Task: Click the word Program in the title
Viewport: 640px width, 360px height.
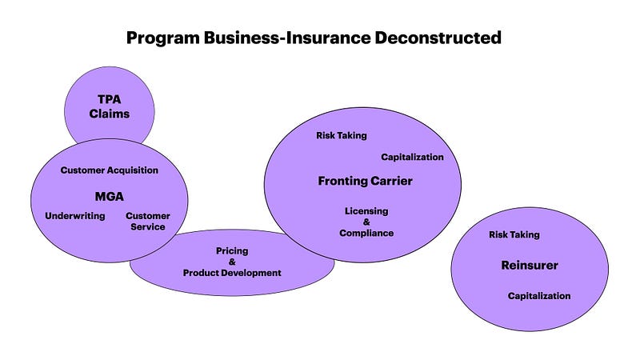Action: (x=163, y=38)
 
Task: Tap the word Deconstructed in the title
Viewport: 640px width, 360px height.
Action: (x=438, y=38)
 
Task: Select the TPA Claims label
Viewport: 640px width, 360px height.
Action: (x=110, y=106)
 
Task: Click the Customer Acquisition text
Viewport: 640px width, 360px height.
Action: (x=110, y=170)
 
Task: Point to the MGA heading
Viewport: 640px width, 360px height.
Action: (x=110, y=197)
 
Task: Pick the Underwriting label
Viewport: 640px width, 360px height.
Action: (x=75, y=216)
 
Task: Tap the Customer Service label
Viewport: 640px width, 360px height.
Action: (x=148, y=222)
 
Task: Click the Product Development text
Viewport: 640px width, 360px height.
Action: (x=232, y=273)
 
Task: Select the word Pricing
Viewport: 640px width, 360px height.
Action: (x=232, y=251)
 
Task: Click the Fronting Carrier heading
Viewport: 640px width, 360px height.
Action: (x=366, y=182)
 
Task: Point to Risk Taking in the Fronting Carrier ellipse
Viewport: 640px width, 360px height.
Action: (x=342, y=135)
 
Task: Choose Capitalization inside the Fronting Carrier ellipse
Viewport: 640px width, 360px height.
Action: (x=412, y=157)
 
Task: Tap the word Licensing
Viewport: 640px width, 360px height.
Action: (x=366, y=211)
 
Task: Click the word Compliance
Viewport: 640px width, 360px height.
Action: (x=366, y=234)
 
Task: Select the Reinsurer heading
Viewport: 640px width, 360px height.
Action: (x=530, y=266)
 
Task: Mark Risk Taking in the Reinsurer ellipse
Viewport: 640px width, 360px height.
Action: (x=514, y=234)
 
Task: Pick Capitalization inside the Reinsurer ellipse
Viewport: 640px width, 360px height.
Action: (x=539, y=296)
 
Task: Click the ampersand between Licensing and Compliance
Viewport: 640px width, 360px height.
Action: (x=366, y=222)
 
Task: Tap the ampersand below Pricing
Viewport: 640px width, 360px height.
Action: (x=232, y=262)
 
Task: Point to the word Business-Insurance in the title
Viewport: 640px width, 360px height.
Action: (x=287, y=38)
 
